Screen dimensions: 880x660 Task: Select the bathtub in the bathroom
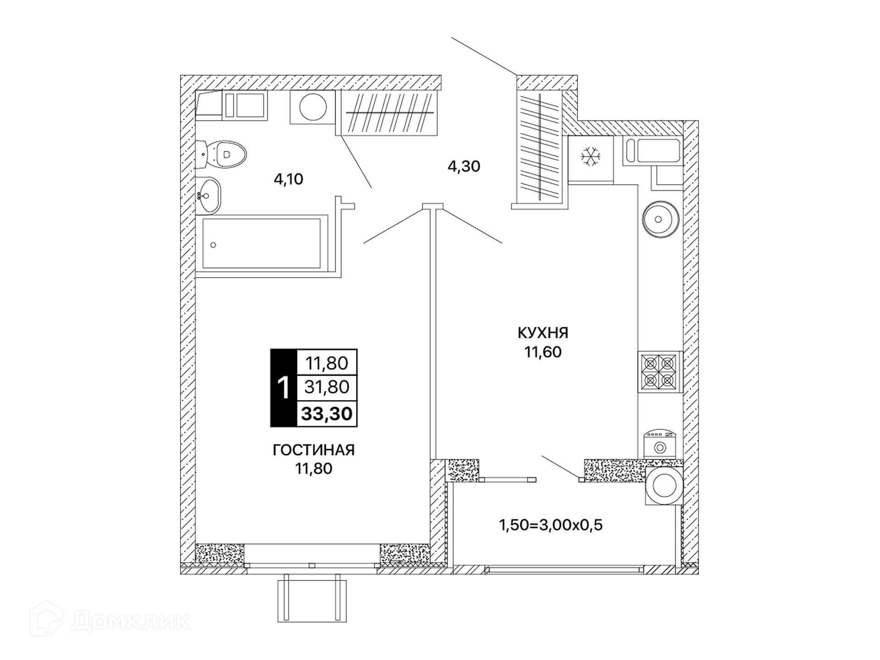coord(262,243)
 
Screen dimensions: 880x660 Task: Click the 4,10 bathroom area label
coord(288,179)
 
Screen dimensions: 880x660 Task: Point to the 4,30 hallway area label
coord(464,166)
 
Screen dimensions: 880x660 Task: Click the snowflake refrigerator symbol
coord(591,157)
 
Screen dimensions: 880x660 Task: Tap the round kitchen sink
coord(660,219)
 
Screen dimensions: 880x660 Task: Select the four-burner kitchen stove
coord(659,372)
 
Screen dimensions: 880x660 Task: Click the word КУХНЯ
coord(543,333)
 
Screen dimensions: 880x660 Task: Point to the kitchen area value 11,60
coord(543,352)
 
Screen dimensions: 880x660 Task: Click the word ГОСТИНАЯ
coord(313,450)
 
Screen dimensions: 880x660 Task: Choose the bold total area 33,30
coord(327,413)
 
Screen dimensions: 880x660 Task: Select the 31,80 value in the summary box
coord(327,387)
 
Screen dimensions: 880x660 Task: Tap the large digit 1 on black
coord(284,388)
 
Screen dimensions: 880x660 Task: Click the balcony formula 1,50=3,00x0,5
coord(550,525)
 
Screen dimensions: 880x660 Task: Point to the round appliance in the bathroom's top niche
coord(313,107)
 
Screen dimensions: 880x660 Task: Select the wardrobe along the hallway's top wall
coord(389,112)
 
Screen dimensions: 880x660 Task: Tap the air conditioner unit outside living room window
coord(312,598)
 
